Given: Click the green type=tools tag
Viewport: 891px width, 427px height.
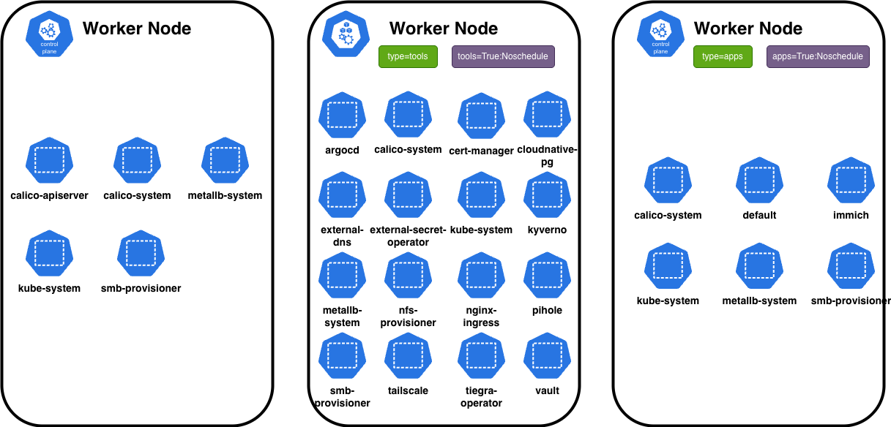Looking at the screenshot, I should click(x=407, y=56).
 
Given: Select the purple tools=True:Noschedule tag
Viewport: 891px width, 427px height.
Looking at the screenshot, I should click(x=503, y=56).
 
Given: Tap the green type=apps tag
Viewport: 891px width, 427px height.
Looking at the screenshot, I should click(x=723, y=56).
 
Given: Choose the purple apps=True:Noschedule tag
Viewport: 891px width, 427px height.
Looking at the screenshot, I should click(x=818, y=56).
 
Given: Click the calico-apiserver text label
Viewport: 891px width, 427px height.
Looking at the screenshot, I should click(x=49, y=195).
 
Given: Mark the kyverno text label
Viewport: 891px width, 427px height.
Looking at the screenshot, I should click(x=547, y=230).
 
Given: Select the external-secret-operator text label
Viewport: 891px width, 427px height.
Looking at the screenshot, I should click(x=408, y=235).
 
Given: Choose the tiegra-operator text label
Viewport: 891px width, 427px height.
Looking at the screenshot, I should click(x=481, y=396).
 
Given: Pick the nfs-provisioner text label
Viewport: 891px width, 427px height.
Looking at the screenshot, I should click(x=408, y=316).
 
